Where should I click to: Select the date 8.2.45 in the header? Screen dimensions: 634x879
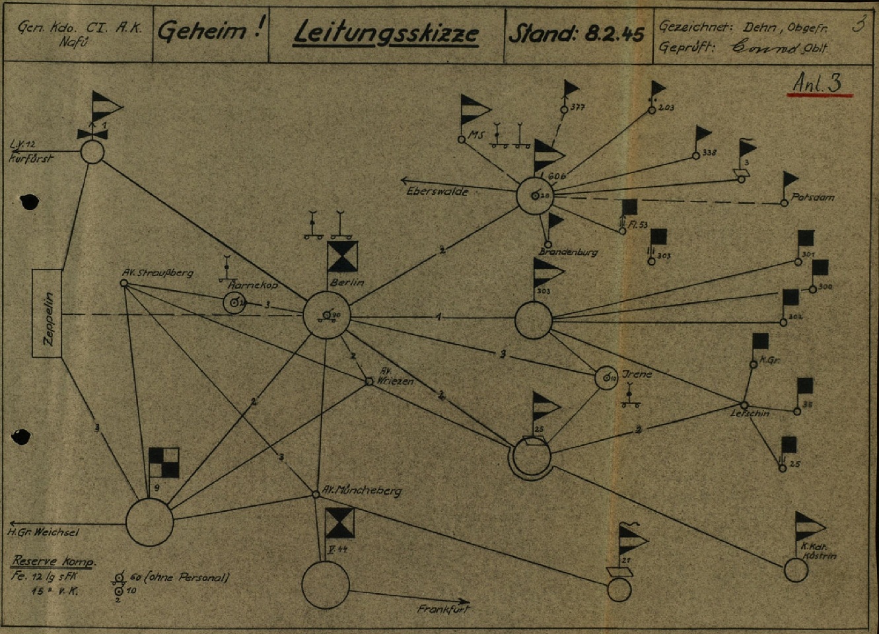point(614,34)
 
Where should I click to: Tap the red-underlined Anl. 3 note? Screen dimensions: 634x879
point(818,84)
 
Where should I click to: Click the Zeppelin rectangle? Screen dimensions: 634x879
point(48,314)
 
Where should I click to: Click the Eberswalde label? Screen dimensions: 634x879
point(437,192)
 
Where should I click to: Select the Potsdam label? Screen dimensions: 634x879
point(812,197)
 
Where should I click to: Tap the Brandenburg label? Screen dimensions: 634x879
point(568,252)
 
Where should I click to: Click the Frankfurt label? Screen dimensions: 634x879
point(443,609)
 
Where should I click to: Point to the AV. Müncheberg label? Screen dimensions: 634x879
point(361,491)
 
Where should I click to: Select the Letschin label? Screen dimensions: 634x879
point(750,413)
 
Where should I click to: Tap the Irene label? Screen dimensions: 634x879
point(637,374)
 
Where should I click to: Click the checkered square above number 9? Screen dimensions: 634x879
point(163,462)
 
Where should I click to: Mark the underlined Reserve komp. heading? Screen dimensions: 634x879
point(54,561)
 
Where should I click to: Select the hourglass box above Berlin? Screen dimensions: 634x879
point(342,256)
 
